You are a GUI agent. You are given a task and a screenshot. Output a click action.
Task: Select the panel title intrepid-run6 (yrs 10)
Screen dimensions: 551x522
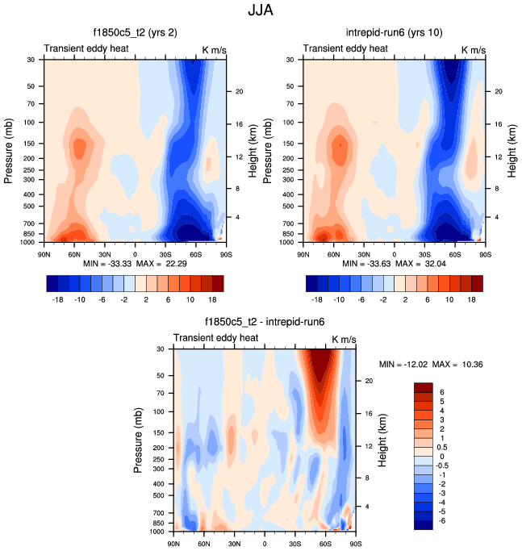coord(394,34)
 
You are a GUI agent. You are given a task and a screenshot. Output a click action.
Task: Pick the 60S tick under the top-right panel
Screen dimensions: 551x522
coord(455,254)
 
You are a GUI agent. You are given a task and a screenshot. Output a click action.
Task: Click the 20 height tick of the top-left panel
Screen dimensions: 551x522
coord(239,91)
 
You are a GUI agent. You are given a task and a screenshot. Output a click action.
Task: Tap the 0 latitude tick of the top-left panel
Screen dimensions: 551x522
coord(135,254)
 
